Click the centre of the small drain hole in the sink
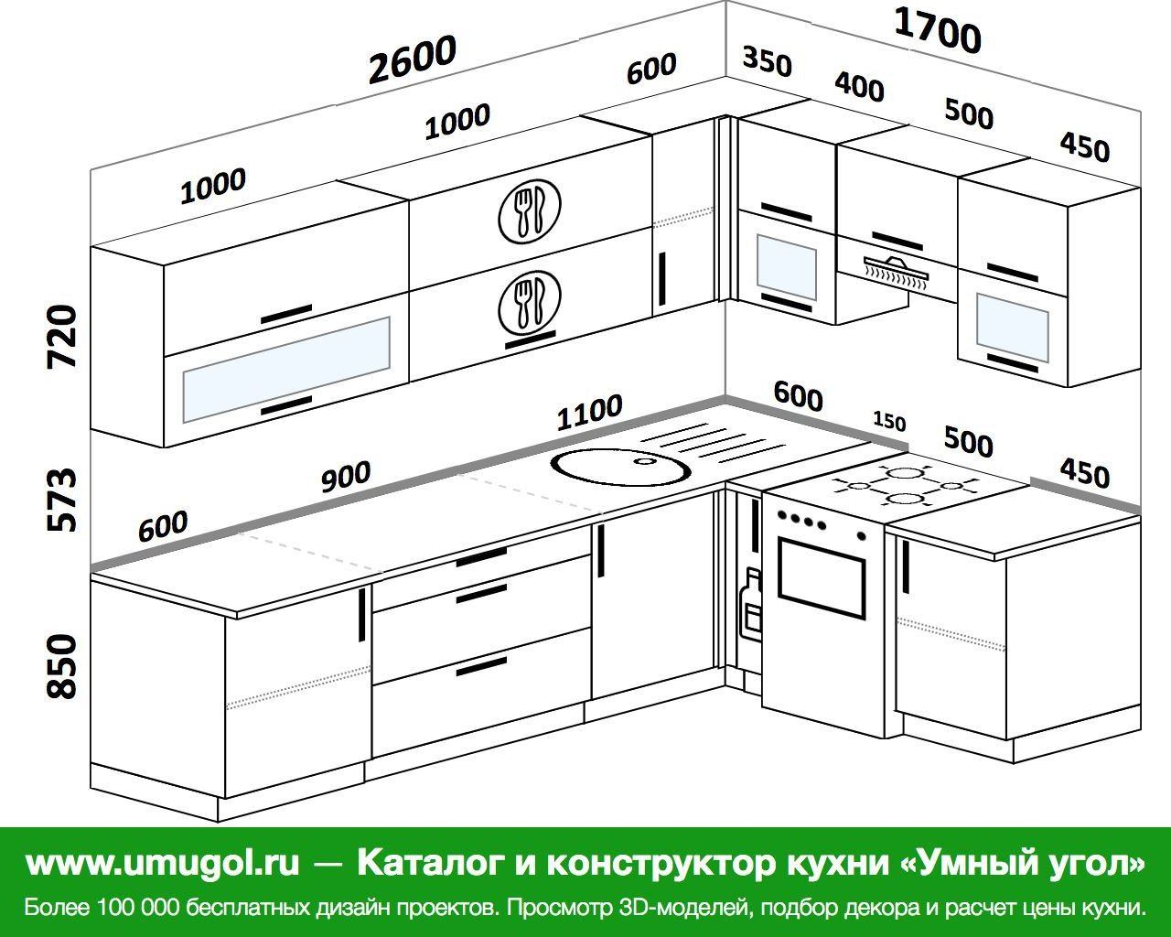click(645, 462)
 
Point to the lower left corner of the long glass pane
click(183, 423)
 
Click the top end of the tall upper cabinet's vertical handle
click(662, 253)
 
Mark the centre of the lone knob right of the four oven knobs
click(862, 535)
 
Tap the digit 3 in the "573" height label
click(60, 479)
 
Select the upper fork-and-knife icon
click(530, 210)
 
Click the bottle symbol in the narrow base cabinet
click(751, 603)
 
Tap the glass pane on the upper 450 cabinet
click(1012, 327)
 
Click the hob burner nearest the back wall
click(903, 472)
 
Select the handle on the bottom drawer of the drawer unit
click(481, 667)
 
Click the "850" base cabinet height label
click(61, 666)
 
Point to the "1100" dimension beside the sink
click(589, 411)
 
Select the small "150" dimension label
click(889, 421)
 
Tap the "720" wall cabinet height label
click(61, 338)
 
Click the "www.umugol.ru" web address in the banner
click(163, 862)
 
